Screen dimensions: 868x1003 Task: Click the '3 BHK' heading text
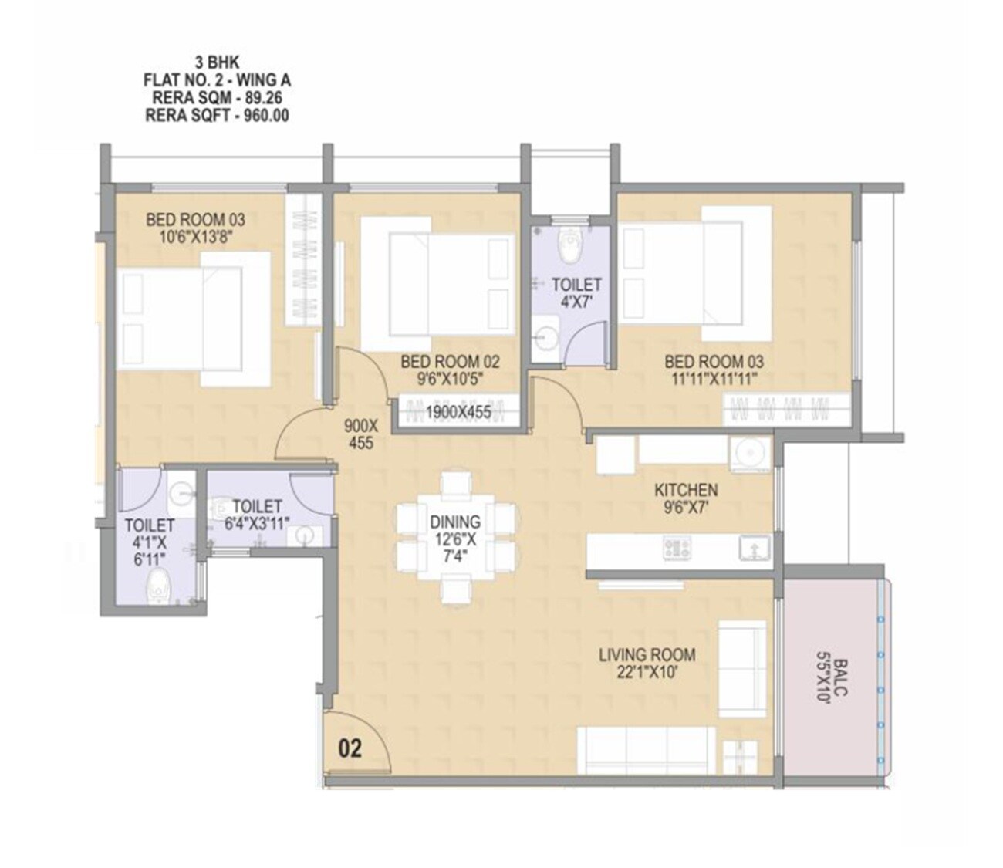click(x=217, y=63)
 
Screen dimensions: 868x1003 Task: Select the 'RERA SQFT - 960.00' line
click(x=217, y=117)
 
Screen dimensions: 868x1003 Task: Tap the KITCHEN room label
click(x=685, y=490)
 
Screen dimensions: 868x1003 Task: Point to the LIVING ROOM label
click(x=647, y=655)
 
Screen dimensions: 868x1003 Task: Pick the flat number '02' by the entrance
click(x=350, y=748)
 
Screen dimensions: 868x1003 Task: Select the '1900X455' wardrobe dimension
click(x=458, y=413)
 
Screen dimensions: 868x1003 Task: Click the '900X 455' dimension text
click(x=360, y=434)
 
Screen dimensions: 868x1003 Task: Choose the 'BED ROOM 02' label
click(x=450, y=361)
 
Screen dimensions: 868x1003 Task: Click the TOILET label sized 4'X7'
click(x=576, y=285)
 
